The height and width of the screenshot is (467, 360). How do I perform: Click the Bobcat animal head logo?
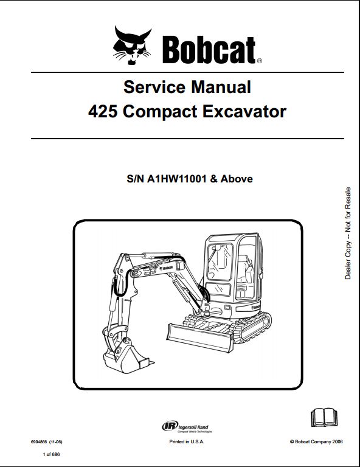point(132,45)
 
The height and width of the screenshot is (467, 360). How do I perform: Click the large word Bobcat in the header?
point(209,50)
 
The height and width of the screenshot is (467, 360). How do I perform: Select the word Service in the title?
point(154,87)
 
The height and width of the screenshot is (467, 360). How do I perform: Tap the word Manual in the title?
point(221,87)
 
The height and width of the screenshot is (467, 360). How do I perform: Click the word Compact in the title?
point(160,112)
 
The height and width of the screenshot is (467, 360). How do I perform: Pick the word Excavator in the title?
point(244,112)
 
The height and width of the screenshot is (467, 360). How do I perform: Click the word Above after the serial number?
point(237,179)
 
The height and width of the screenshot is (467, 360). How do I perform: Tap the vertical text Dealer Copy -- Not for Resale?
point(348,233)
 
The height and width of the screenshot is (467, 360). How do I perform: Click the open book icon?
point(324,418)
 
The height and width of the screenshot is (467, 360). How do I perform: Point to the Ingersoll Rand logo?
point(187,426)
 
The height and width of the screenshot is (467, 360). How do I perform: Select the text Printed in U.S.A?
point(187,441)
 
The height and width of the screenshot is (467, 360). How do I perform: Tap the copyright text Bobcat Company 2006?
point(316,441)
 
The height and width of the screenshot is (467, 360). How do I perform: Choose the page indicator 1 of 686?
point(51,454)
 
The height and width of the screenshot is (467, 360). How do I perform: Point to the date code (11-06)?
point(56,442)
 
